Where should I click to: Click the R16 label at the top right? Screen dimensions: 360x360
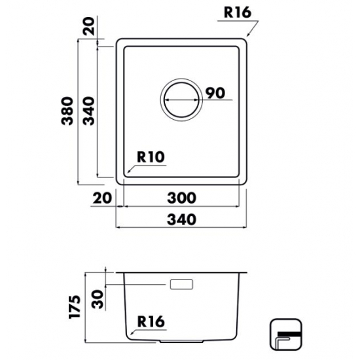coord(238,12)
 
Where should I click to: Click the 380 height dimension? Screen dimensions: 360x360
coord(67,111)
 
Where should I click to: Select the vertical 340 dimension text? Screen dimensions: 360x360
coord(89,111)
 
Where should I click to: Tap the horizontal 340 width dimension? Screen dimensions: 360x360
coord(181,219)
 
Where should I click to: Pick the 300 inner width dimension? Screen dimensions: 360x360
coord(181,198)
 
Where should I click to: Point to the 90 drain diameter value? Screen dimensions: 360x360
coord(215,93)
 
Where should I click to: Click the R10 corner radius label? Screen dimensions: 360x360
coord(151,157)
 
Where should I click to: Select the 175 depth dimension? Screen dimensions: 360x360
coord(75,307)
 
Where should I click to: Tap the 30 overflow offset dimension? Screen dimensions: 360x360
coord(98,299)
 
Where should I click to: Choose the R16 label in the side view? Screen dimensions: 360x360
coord(151,321)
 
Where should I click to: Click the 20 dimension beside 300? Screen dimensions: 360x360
coord(102,198)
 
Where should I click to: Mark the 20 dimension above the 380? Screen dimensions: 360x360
coord(88,26)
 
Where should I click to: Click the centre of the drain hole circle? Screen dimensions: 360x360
coord(181,100)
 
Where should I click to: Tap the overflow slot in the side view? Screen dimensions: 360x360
coord(181,284)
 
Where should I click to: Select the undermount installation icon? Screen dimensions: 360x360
coord(285,334)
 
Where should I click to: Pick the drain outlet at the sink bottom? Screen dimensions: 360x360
coord(181,342)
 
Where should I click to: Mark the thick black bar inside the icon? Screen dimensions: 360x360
coord(289,334)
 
